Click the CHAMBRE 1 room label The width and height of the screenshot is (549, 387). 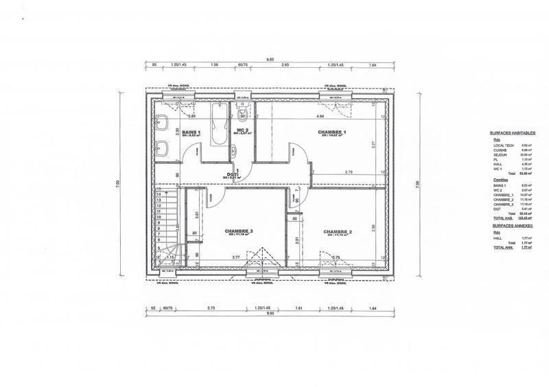pyautogui.click(x=331, y=131)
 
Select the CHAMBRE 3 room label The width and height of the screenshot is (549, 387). pyautogui.click(x=239, y=232)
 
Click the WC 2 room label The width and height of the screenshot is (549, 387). pyautogui.click(x=242, y=130)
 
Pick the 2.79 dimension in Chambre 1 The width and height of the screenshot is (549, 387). pyautogui.click(x=349, y=172)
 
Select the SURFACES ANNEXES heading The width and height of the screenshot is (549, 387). pyautogui.click(x=509, y=226)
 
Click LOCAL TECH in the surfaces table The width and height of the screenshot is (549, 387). pyautogui.click(x=502, y=145)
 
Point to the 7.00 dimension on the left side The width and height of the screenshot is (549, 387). pyautogui.click(x=117, y=185)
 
